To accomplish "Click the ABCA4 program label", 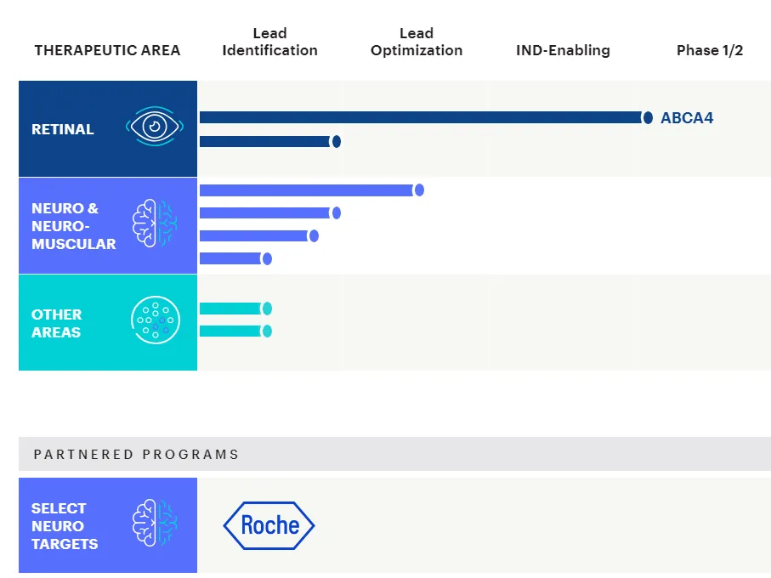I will click(x=687, y=118).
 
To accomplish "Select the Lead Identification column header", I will click(x=269, y=42).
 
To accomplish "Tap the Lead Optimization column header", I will click(x=417, y=42).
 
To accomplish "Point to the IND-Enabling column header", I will click(x=563, y=50).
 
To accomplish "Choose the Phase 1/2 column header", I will click(x=710, y=50).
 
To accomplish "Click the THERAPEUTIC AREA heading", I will click(x=107, y=50).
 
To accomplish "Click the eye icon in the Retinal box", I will click(x=155, y=127).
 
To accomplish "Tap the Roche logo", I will click(x=269, y=525).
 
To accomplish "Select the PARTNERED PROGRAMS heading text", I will click(x=136, y=454).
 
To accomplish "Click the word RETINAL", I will click(x=63, y=129).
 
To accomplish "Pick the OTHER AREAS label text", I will click(x=56, y=323).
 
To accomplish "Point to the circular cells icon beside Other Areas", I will click(x=156, y=320).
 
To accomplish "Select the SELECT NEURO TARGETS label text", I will click(x=65, y=525).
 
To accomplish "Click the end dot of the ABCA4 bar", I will click(x=648, y=118).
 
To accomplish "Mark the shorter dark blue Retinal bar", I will click(x=265, y=141).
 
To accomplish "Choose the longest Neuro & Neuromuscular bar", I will click(x=306, y=190).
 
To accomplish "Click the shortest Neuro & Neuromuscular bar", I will click(x=230, y=258).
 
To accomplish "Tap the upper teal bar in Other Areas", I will click(x=230, y=309).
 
